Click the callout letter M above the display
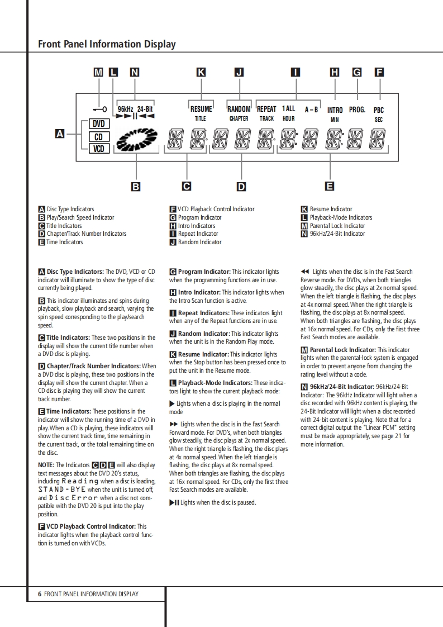point(99,72)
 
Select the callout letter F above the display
point(379,72)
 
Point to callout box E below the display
point(330,186)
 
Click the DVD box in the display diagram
point(98,124)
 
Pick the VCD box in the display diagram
point(98,149)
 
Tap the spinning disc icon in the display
point(133,140)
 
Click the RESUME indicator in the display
point(201,110)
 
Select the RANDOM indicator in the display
point(239,110)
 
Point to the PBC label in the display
point(379,111)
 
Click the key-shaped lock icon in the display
point(101,109)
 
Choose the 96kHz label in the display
point(125,109)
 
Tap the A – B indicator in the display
point(311,110)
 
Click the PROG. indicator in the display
point(357,110)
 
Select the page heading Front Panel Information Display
point(107,44)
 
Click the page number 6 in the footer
point(40,594)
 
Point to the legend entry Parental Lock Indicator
point(337,226)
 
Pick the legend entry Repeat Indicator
point(198,234)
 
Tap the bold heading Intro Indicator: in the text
point(199,292)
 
